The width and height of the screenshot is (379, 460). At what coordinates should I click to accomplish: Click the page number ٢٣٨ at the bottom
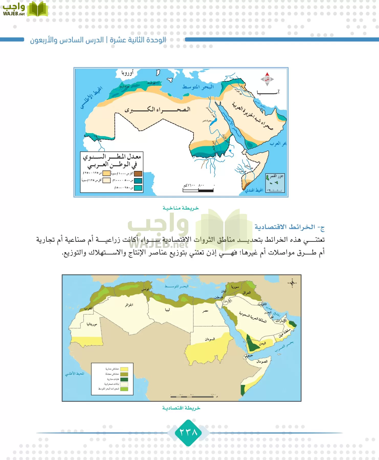pyautogui.click(x=189, y=432)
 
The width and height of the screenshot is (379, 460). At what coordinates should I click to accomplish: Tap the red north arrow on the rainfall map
pyautogui.click(x=267, y=76)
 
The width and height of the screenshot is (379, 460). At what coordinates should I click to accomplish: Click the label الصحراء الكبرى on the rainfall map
pyautogui.click(x=158, y=110)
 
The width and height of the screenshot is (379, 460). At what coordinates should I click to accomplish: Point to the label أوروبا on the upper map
pyautogui.click(x=127, y=73)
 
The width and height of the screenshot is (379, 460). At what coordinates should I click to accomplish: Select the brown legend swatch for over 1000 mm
pyautogui.click(x=138, y=174)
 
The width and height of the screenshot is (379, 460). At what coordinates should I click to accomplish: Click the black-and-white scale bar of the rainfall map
pyautogui.click(x=198, y=190)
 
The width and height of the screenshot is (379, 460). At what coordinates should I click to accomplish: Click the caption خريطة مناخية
pyautogui.click(x=181, y=208)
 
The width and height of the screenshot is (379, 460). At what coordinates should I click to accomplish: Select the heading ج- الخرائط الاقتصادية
pyautogui.click(x=289, y=227)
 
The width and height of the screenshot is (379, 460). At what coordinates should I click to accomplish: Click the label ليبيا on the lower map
pyautogui.click(x=167, y=310)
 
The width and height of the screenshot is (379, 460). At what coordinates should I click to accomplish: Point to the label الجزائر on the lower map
pyautogui.click(x=129, y=305)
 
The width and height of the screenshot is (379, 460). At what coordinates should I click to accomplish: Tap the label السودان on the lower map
pyautogui.click(x=210, y=339)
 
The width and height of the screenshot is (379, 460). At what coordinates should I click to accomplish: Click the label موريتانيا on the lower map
pyautogui.click(x=92, y=324)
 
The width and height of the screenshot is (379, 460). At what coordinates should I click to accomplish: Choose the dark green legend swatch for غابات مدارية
pyautogui.click(x=124, y=379)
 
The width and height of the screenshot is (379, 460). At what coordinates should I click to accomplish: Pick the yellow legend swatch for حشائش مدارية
pyautogui.click(x=124, y=369)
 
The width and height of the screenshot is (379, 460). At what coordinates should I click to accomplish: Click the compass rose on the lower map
pyautogui.click(x=292, y=283)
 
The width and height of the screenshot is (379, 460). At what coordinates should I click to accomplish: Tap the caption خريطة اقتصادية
pyautogui.click(x=181, y=408)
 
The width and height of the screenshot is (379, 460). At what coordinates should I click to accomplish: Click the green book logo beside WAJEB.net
pyautogui.click(x=37, y=9)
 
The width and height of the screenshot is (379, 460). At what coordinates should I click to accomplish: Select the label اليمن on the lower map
pyautogui.click(x=262, y=343)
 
